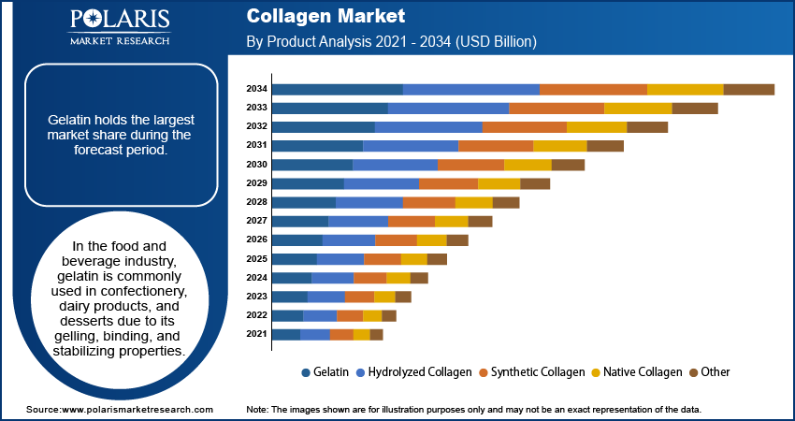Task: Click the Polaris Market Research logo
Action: pos(119,27)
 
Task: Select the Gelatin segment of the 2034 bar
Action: pos(337,89)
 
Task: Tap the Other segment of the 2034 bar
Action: pos(748,89)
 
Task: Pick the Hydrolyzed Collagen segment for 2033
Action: pos(448,108)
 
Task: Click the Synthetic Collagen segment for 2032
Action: pos(524,126)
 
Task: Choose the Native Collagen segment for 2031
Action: pos(559,145)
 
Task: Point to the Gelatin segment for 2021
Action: pos(286,334)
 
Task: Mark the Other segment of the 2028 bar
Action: pos(506,202)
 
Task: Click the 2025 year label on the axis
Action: pos(256,258)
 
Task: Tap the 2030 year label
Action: pos(256,164)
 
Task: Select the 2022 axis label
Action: pos(256,315)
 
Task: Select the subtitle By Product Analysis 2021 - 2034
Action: pos(391,41)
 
